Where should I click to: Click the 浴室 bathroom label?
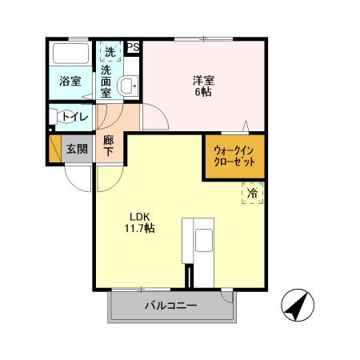70,82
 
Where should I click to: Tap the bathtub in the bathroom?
70,55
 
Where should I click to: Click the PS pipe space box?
133,47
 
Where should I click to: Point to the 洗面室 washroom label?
106,82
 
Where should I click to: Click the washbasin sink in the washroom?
127,86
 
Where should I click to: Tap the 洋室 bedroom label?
202,80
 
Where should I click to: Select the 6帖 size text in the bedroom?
202,93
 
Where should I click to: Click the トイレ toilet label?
74,116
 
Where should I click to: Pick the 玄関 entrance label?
77,149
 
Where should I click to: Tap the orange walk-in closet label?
234,155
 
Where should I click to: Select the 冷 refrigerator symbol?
252,193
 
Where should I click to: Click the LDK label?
139,216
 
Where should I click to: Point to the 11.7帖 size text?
139,229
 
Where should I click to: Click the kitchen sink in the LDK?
202,238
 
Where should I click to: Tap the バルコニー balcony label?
170,306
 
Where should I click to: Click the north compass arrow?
295,304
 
